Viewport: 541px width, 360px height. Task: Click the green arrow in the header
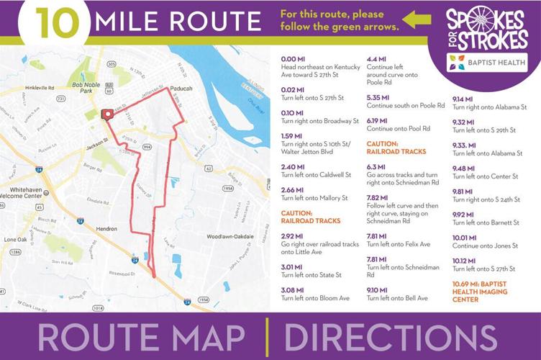coord(416,20)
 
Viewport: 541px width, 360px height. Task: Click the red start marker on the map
coord(107,114)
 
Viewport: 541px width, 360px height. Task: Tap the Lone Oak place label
coord(15,239)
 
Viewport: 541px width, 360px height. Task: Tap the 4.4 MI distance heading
coord(378,59)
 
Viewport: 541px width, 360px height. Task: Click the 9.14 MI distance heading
coord(463,99)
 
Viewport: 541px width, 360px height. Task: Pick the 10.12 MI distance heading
coord(464,261)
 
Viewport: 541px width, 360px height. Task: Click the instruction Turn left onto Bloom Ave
coord(315,298)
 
